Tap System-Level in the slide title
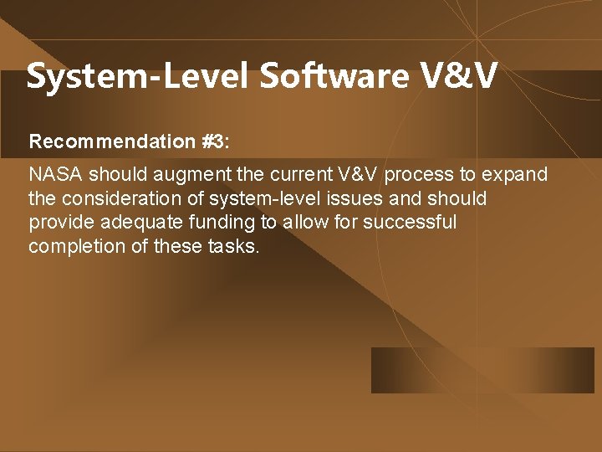click(x=138, y=76)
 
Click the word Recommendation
click(x=112, y=141)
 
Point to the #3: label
click(x=215, y=141)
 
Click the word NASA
click(x=56, y=175)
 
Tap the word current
click(x=288, y=175)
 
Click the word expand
click(x=516, y=176)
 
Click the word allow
click(x=304, y=222)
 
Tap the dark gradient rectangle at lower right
click(x=482, y=370)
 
